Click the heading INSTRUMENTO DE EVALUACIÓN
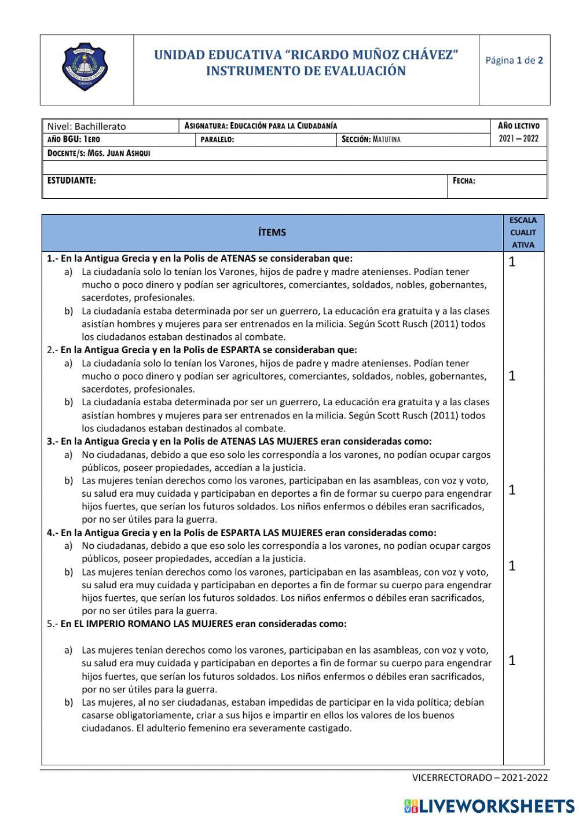(x=306, y=71)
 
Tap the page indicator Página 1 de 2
(x=514, y=60)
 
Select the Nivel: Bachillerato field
(x=86, y=126)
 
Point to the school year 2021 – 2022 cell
(x=518, y=139)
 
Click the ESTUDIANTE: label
(x=72, y=181)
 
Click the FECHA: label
(x=464, y=181)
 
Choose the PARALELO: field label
(x=217, y=140)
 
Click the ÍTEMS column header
(x=272, y=232)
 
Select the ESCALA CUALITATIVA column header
(x=523, y=233)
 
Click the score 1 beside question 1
(x=512, y=262)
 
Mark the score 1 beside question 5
(x=512, y=661)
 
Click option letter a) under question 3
(x=68, y=455)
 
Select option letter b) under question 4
(x=68, y=572)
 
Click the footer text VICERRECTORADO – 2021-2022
(x=479, y=777)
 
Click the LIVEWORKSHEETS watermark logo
(x=489, y=806)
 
